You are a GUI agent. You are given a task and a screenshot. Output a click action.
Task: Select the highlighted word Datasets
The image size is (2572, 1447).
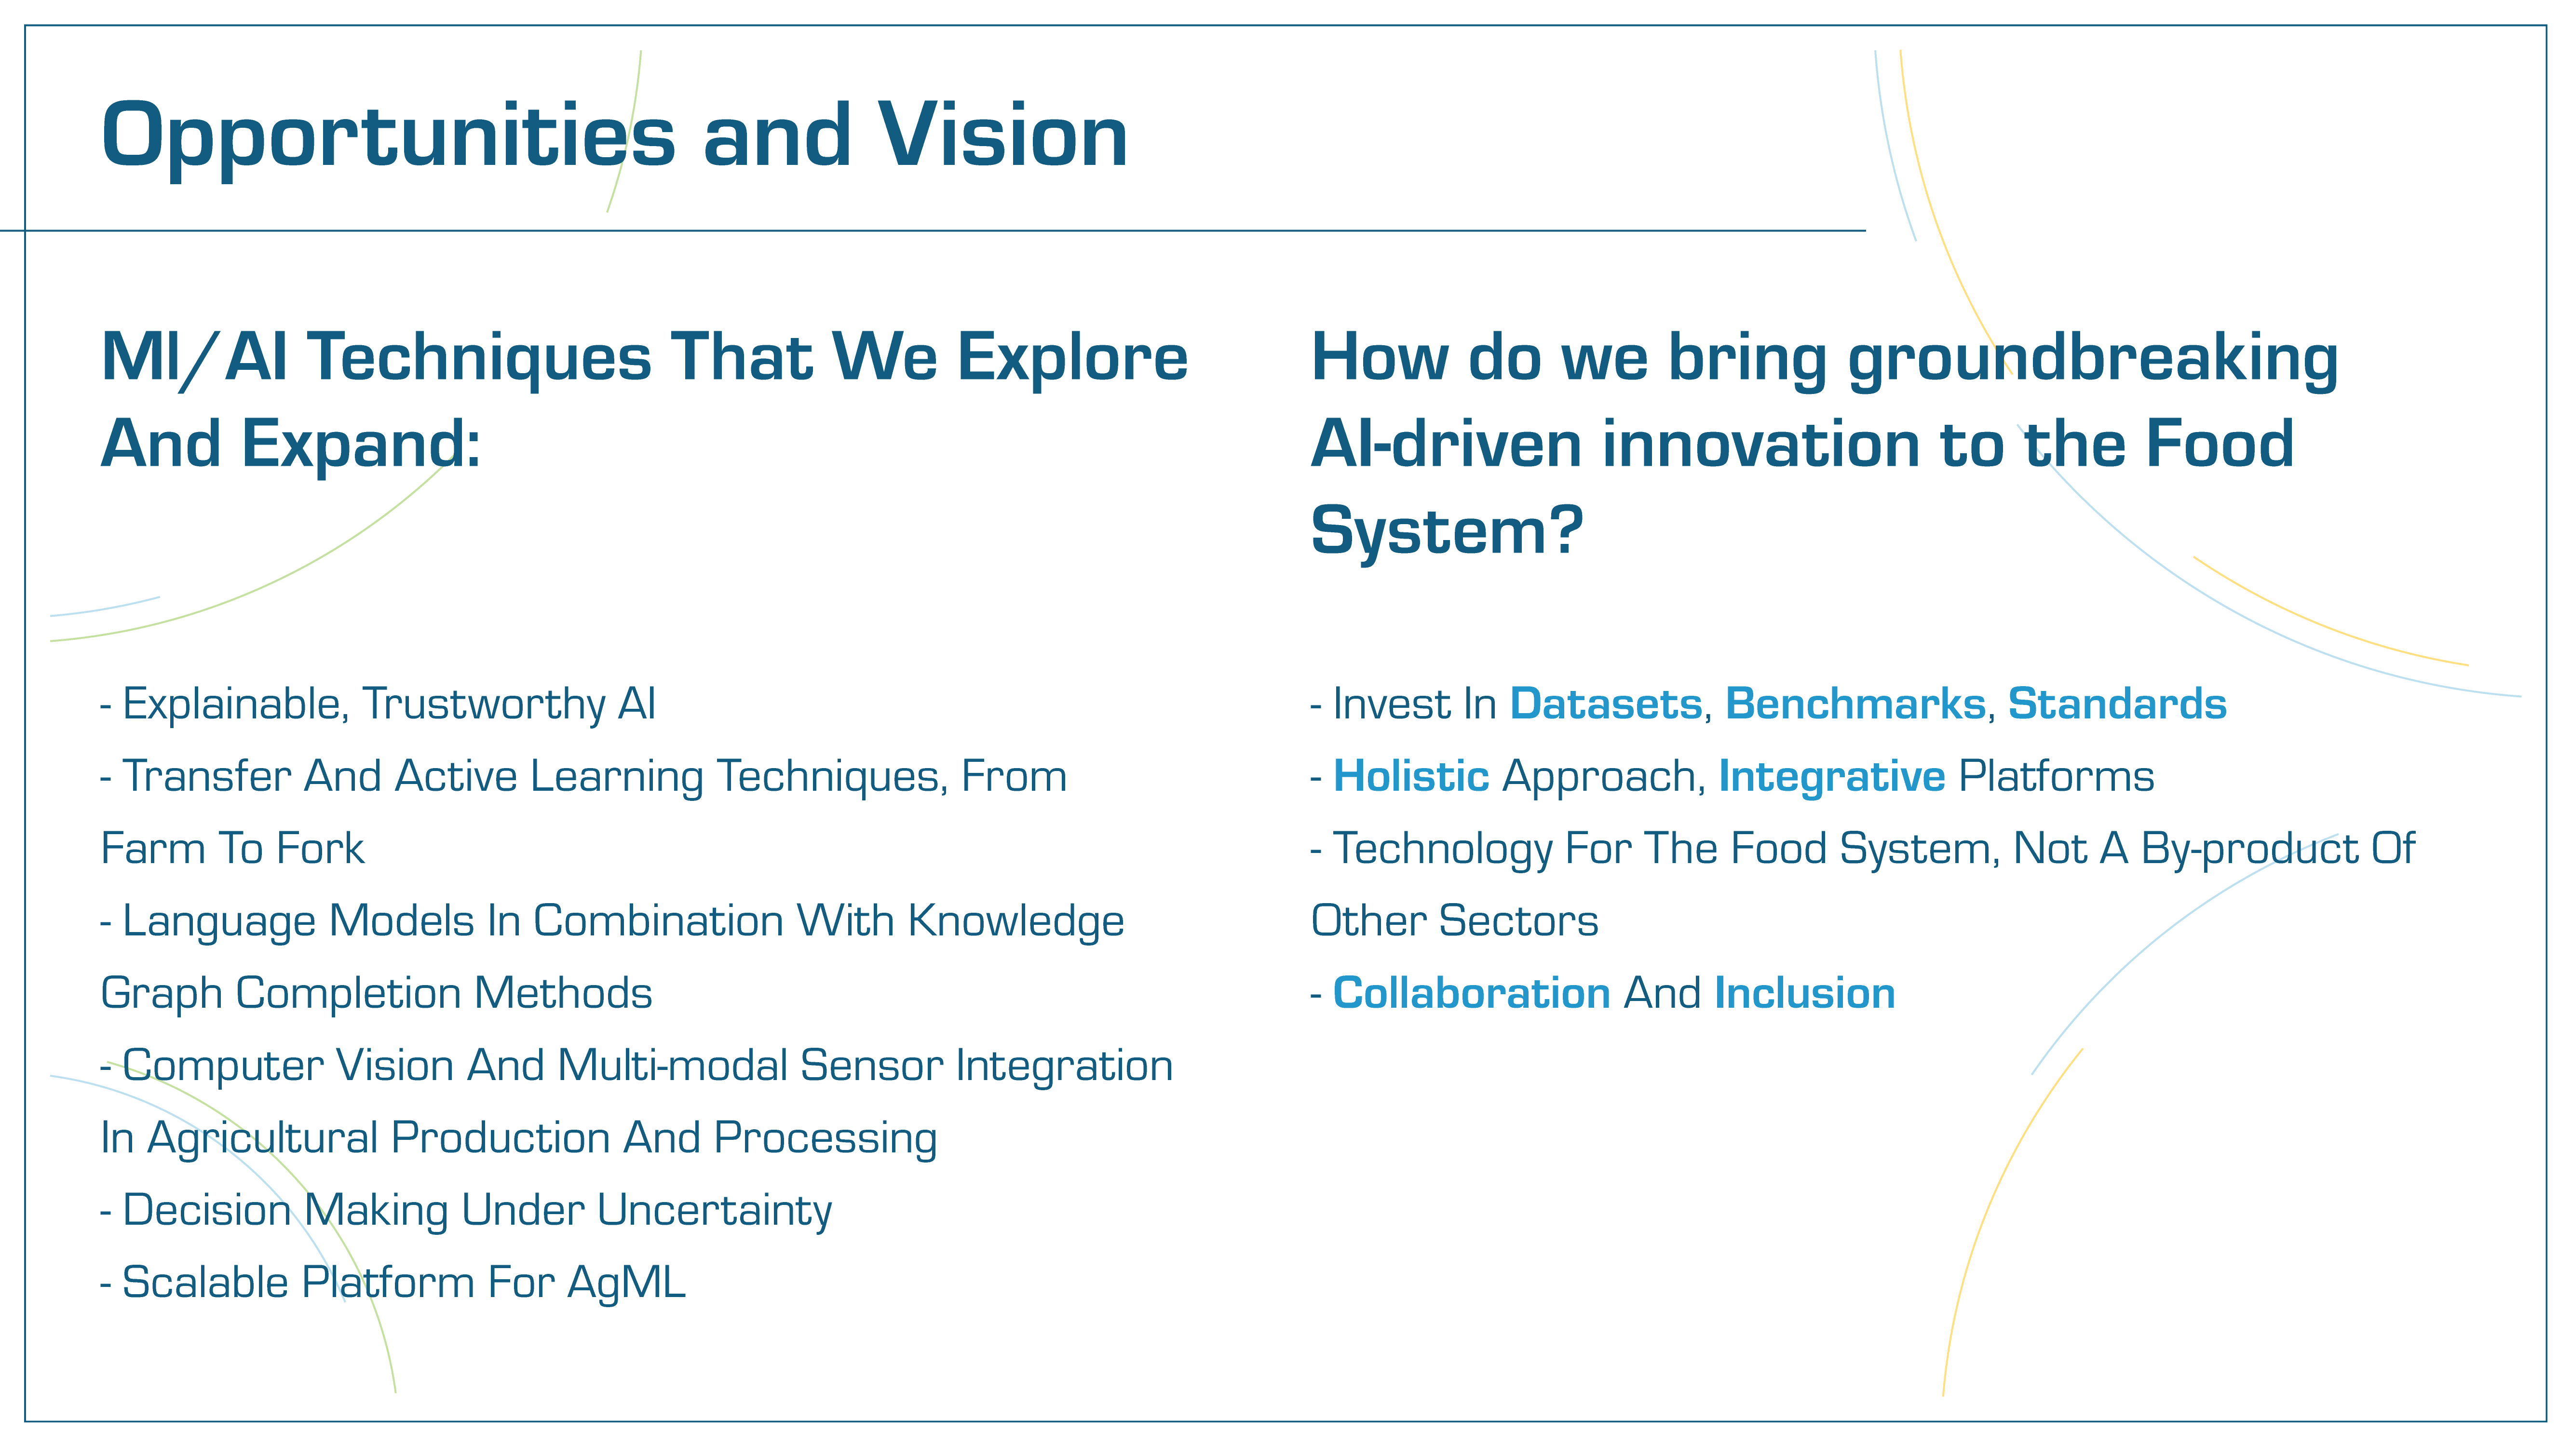tap(1606, 704)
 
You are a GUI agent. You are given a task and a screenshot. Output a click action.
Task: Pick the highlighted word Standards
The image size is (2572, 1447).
tap(2117, 704)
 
